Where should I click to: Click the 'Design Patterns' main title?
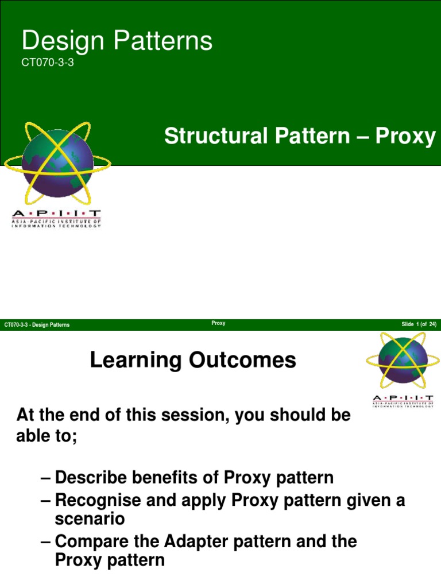tap(117, 41)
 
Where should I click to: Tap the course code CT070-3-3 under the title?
tap(48, 63)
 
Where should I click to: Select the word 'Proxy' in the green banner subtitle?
tap(407, 137)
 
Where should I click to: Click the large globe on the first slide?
tap(57, 160)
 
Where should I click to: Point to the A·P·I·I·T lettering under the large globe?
tap(56, 214)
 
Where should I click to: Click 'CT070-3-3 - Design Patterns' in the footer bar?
tap(37, 325)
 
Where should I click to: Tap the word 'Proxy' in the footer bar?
tap(218, 324)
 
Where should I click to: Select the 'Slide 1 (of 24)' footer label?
tap(419, 325)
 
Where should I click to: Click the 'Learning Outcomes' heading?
tap(193, 361)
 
